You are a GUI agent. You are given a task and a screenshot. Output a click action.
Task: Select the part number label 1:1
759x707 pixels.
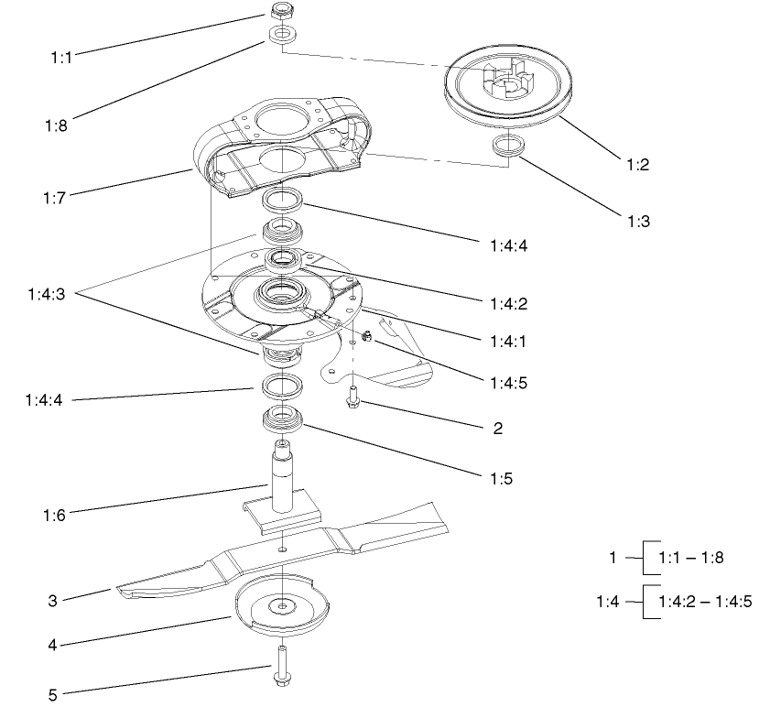coord(62,56)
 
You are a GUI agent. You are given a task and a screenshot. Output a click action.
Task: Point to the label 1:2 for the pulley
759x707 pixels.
coord(638,165)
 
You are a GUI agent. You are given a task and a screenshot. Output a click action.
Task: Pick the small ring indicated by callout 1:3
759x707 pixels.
coord(506,147)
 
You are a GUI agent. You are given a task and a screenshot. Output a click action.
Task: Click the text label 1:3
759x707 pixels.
coord(638,221)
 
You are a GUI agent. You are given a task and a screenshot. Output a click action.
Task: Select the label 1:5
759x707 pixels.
coord(494,477)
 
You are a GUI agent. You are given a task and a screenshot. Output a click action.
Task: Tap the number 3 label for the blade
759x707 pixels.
coord(53,602)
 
